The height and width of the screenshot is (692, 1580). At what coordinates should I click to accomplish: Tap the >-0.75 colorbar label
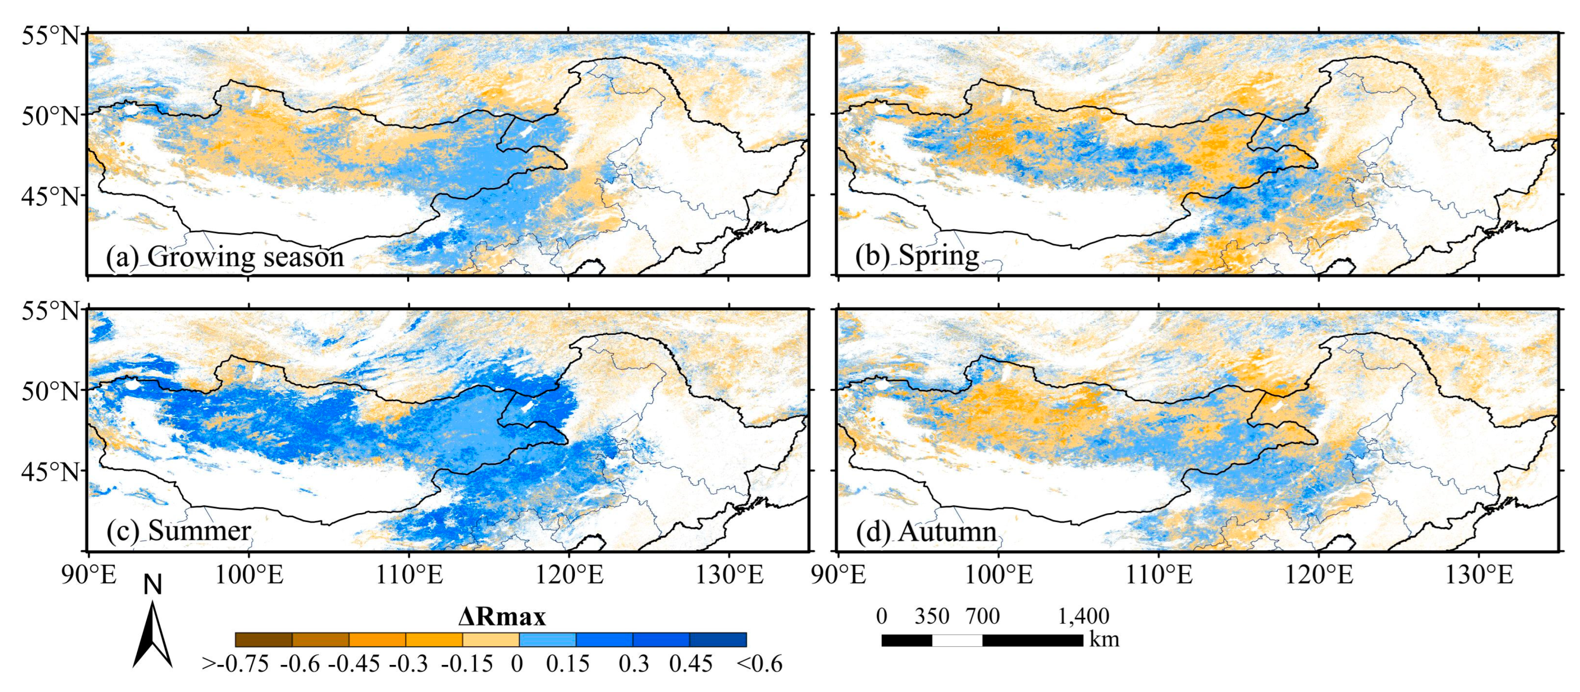click(x=236, y=664)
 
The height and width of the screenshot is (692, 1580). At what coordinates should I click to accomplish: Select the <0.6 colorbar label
click(x=759, y=664)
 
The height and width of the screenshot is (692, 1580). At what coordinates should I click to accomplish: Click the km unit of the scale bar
click(x=1104, y=640)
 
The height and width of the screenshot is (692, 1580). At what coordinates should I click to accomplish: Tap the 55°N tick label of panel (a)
click(x=52, y=36)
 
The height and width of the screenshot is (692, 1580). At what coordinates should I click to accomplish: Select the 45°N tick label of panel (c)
click(x=52, y=472)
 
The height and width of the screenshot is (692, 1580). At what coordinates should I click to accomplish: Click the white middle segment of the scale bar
click(x=957, y=640)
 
